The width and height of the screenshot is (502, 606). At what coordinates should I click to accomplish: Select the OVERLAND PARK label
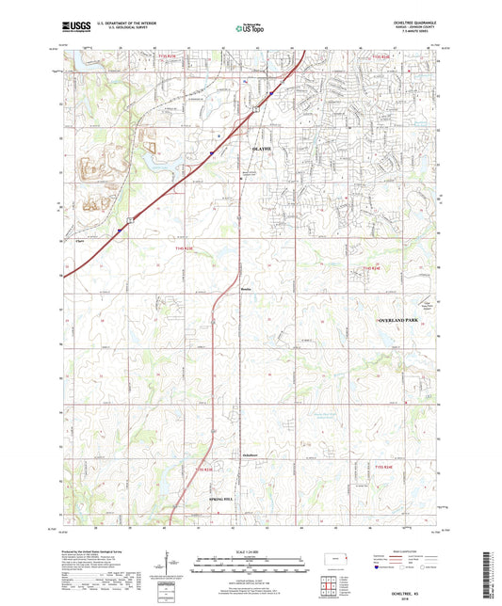[402, 322]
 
